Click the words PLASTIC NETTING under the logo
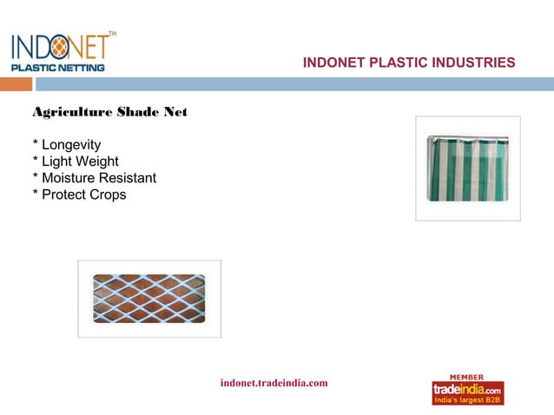57,67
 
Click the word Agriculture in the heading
70,112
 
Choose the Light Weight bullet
79,161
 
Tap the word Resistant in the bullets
129,178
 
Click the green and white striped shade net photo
467,168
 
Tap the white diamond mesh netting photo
149,299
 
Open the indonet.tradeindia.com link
274,383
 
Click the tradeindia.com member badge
467,391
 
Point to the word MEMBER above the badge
467,376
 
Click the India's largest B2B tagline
467,399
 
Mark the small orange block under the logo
16,84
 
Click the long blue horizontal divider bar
295,84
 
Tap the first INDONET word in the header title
333,63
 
